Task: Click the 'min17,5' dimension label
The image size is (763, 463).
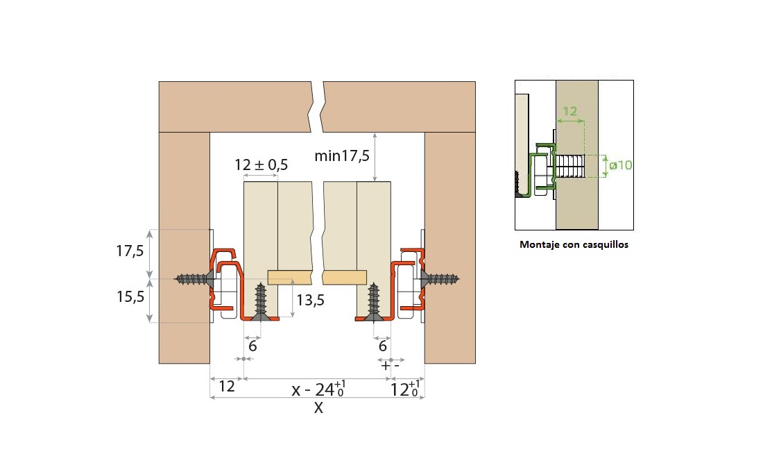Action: click(341, 155)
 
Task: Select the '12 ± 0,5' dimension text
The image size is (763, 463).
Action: click(261, 165)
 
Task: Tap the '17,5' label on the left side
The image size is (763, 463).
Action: click(130, 251)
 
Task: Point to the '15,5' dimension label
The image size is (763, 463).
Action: click(130, 296)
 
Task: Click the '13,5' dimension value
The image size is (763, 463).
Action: click(311, 301)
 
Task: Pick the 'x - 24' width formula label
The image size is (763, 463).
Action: click(319, 389)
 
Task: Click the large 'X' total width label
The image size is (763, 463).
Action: click(318, 408)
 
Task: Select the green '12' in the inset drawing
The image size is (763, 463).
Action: click(569, 111)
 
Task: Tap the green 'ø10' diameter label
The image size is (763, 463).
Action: click(620, 165)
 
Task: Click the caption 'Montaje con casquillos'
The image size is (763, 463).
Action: click(574, 244)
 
